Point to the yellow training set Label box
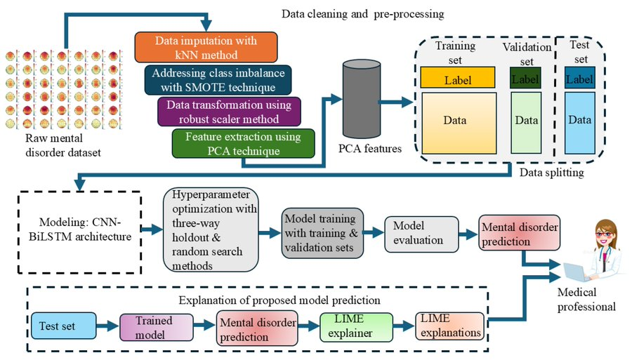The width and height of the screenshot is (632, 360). (x=458, y=79)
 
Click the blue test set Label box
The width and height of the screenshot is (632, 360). (x=579, y=79)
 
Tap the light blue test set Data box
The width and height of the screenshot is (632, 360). (x=579, y=121)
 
